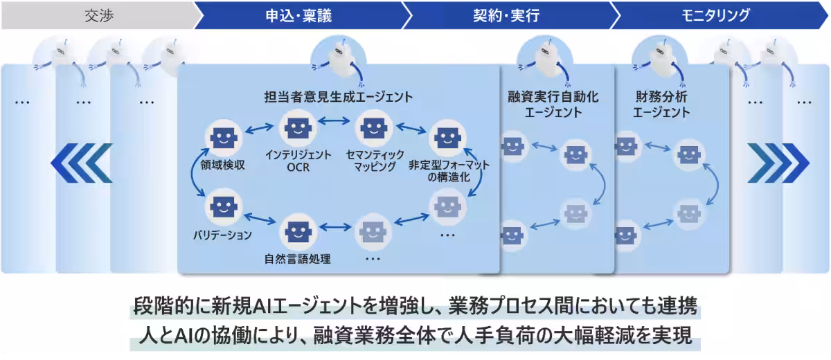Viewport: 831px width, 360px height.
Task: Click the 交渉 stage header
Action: [x=98, y=15]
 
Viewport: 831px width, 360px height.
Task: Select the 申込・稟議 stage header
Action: [x=298, y=15]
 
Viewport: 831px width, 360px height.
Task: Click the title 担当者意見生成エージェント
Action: [x=339, y=97]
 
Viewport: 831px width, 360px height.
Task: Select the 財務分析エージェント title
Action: [x=662, y=104]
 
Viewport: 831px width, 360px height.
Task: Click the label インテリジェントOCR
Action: [x=298, y=161]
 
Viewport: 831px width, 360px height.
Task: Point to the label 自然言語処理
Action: [x=298, y=260]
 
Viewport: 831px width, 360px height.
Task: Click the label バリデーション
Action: [x=222, y=235]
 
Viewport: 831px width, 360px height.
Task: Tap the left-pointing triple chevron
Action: [x=81, y=163]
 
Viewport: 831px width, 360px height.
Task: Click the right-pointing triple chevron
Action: [x=778, y=163]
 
